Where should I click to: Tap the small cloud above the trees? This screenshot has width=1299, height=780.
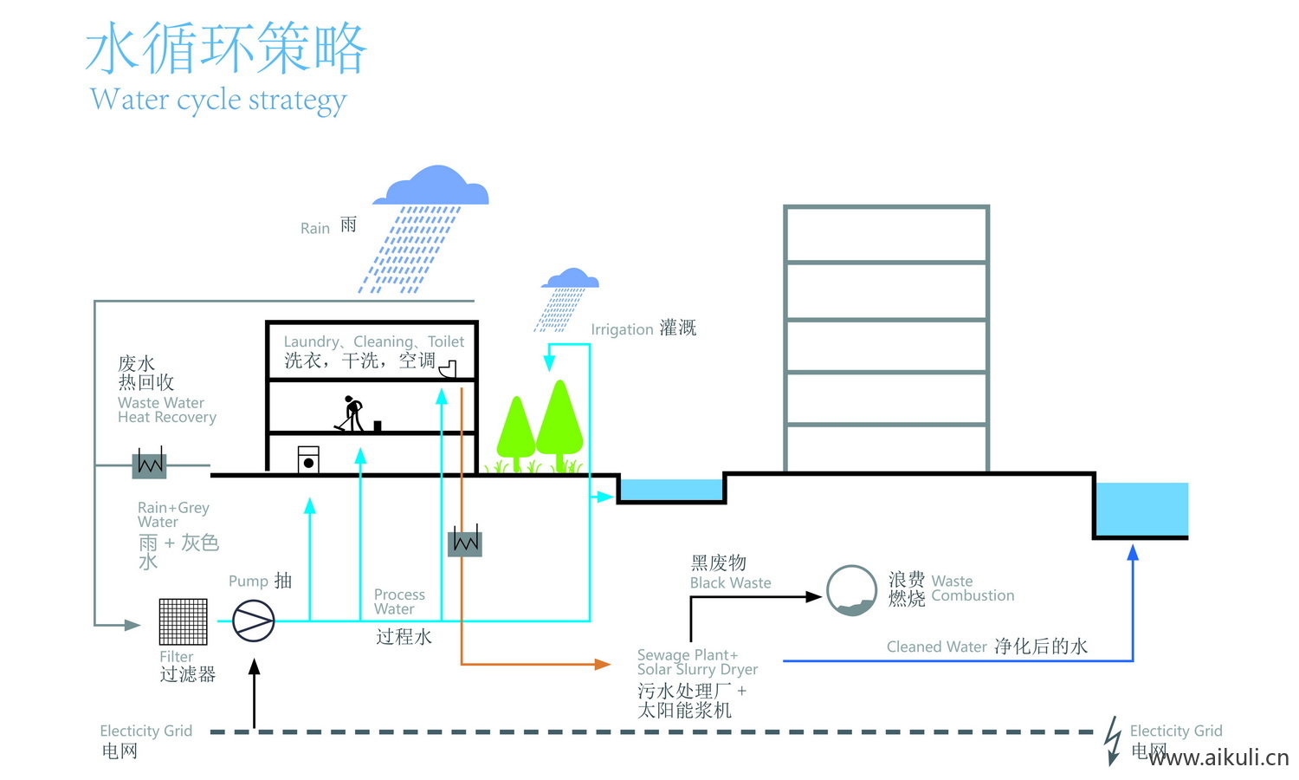click(x=570, y=279)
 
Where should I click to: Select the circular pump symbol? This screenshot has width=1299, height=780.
click(x=254, y=621)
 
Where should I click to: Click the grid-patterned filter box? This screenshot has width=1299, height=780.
click(x=184, y=621)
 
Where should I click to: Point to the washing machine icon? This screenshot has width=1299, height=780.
click(x=307, y=459)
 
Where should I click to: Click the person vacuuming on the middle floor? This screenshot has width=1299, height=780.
click(x=351, y=413)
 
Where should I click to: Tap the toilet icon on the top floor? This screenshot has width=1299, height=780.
click(x=448, y=370)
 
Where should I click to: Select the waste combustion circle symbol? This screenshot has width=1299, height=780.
click(x=851, y=590)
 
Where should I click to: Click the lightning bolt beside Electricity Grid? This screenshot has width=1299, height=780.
click(x=1113, y=739)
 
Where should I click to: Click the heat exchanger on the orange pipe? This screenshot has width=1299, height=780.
click(x=465, y=542)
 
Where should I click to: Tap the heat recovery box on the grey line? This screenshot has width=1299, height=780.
click(x=149, y=465)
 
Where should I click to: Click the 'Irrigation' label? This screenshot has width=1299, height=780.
click(x=622, y=329)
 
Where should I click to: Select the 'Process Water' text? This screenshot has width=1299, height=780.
click(x=399, y=601)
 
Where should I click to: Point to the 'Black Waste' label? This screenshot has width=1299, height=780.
click(x=730, y=583)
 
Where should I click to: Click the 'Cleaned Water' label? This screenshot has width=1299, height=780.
click(x=936, y=647)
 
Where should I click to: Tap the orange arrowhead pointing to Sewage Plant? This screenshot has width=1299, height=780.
click(x=603, y=664)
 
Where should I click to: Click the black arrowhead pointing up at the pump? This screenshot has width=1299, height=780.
click(x=254, y=667)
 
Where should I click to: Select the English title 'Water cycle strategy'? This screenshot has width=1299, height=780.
click(x=218, y=100)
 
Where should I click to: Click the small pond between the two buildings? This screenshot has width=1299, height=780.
click(x=672, y=491)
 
